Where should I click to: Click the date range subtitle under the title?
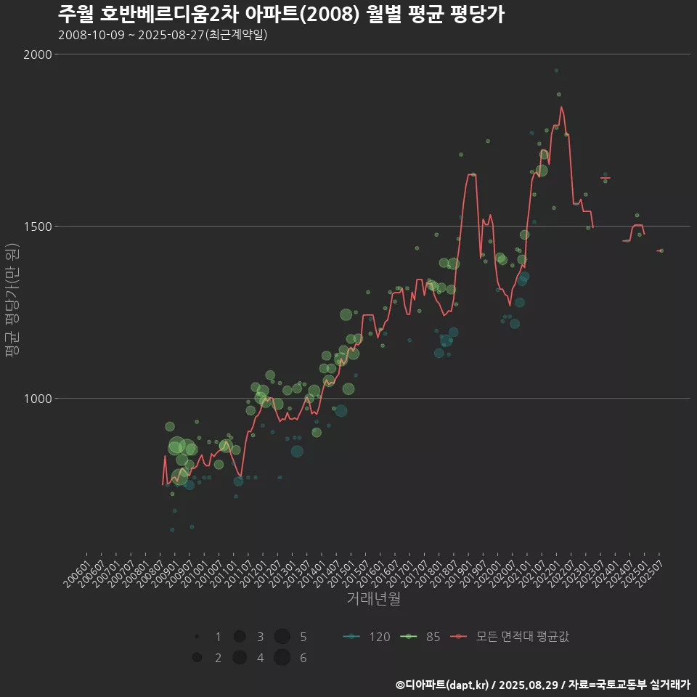[x=163, y=35]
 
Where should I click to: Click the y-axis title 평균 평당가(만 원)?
[x=12, y=300]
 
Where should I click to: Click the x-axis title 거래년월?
[x=373, y=599]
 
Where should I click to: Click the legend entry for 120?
[x=368, y=637]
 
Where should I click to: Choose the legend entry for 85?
[x=423, y=637]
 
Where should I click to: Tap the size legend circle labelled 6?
[x=282, y=658]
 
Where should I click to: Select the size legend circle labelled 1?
[x=197, y=637]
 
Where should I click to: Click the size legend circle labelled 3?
[x=239, y=637]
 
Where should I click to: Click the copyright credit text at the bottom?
[x=542, y=684]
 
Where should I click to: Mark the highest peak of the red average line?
[x=561, y=107]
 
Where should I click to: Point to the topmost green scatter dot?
[x=556, y=70]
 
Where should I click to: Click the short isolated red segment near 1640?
[x=605, y=178]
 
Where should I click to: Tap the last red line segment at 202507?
[x=659, y=250]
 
